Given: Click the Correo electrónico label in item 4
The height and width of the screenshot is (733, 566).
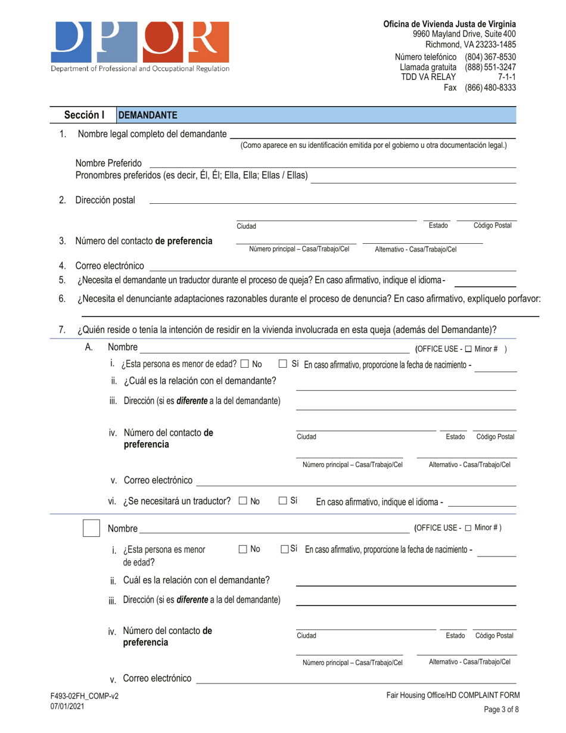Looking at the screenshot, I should (110, 265).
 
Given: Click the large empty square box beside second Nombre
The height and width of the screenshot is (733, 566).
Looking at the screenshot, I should (91, 529).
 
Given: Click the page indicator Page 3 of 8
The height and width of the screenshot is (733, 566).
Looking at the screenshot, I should (499, 711).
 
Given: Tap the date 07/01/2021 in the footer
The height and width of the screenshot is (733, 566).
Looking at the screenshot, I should (60, 706).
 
